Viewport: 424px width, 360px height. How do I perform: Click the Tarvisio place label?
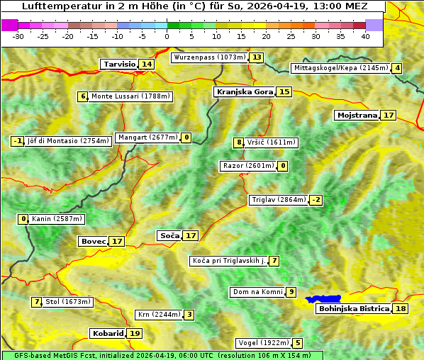click(119, 64)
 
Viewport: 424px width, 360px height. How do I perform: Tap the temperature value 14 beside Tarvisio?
click(147, 64)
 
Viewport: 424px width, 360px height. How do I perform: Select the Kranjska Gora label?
click(244, 91)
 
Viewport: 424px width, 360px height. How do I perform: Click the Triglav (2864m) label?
click(279, 200)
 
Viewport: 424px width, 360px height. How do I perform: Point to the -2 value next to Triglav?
click(316, 200)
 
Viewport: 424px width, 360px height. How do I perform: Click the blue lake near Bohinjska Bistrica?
click(323, 300)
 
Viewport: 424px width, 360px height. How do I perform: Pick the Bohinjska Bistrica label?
click(353, 308)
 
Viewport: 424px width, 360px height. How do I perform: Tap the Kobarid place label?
click(107, 333)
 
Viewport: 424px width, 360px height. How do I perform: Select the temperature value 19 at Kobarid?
click(135, 333)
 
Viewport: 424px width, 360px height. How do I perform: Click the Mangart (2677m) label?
click(147, 137)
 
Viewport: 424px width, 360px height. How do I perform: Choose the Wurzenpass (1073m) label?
click(209, 57)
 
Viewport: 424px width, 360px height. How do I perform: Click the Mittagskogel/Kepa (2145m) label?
click(340, 68)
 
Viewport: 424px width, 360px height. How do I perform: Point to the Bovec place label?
click(93, 241)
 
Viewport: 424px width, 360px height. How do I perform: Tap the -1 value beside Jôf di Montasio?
click(18, 141)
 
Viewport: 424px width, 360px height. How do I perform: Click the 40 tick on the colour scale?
click(365, 36)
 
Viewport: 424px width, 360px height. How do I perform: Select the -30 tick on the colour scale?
click(18, 36)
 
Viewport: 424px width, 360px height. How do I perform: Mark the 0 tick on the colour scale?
click(167, 36)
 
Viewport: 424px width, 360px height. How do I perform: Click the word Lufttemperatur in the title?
click(55, 6)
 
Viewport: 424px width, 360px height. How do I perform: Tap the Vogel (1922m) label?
click(263, 343)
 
